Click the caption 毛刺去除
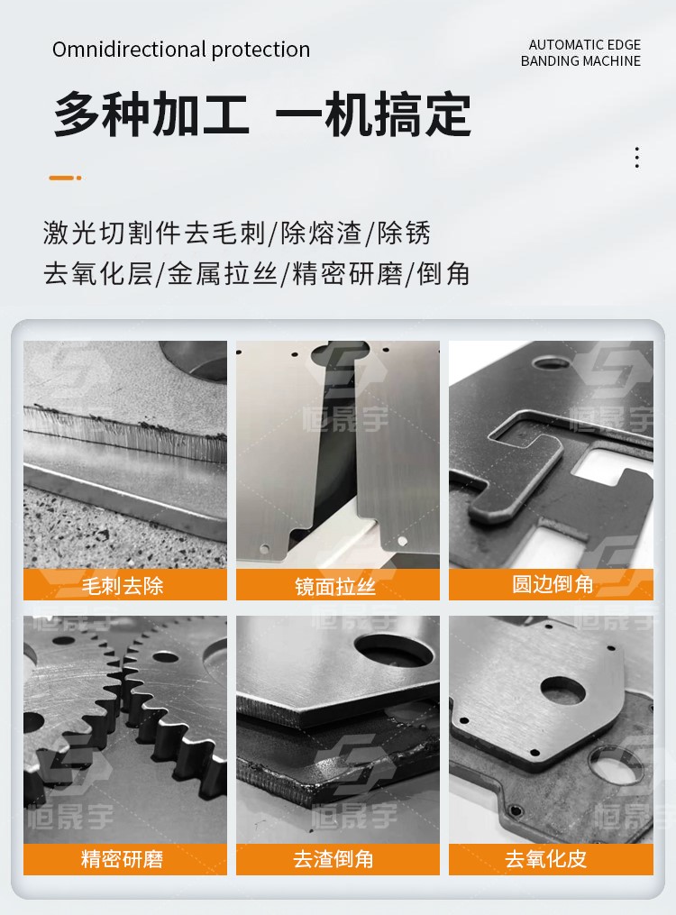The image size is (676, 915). pyautogui.click(x=123, y=585)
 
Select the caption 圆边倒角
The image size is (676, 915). pyautogui.click(x=553, y=583)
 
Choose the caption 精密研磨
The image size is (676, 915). pyautogui.click(x=122, y=859)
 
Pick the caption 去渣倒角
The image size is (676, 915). pyautogui.click(x=333, y=859)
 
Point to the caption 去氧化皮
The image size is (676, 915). pyautogui.click(x=546, y=859)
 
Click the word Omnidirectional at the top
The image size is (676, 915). pyautogui.click(x=130, y=49)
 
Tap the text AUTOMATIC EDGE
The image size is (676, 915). pyautogui.click(x=584, y=45)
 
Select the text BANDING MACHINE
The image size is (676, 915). pyautogui.click(x=580, y=60)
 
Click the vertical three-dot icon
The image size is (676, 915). pyautogui.click(x=637, y=158)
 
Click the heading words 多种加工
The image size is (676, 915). pyautogui.click(x=151, y=114)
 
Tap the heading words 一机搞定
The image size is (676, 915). pyautogui.click(x=373, y=114)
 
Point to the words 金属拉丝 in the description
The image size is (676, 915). pyautogui.click(x=223, y=273)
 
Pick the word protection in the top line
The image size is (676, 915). pyautogui.click(x=260, y=50)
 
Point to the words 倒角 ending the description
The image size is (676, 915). pyautogui.click(x=443, y=273)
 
